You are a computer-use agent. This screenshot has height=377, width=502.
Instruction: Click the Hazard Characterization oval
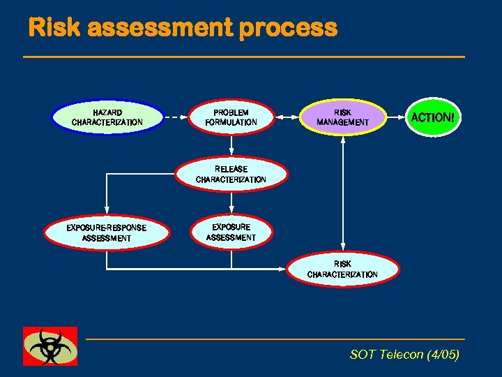click(107, 117)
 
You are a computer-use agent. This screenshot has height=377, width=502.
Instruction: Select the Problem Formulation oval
click(231, 117)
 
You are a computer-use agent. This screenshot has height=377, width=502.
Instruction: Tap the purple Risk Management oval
click(342, 117)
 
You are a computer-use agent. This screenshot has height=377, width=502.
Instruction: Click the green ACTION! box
click(432, 117)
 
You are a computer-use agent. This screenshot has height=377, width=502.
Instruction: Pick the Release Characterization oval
click(231, 174)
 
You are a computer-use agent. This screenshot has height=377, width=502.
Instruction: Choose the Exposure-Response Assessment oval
click(107, 233)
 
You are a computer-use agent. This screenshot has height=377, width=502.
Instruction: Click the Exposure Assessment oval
click(231, 232)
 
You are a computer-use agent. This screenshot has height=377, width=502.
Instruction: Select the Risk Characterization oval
click(342, 269)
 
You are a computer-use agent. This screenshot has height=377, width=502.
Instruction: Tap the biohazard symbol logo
click(50, 346)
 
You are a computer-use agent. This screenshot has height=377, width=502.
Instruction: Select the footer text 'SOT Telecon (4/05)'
click(404, 355)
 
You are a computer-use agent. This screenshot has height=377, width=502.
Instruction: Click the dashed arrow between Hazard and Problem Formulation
click(176, 117)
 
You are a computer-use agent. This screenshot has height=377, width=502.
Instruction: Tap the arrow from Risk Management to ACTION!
click(397, 117)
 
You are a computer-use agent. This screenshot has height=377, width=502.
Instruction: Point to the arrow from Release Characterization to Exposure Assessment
click(231, 202)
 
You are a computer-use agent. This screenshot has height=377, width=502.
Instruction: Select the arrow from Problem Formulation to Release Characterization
click(231, 145)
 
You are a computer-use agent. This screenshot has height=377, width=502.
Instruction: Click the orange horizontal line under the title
click(244, 57)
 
